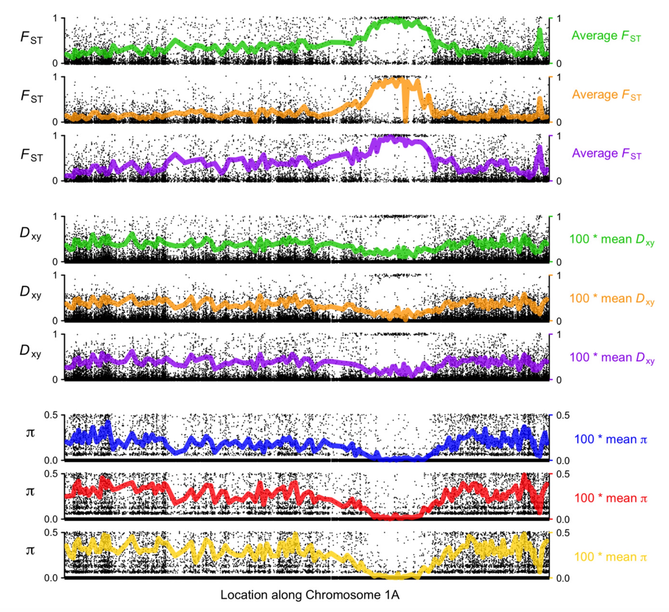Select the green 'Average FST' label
pyautogui.click(x=606, y=36)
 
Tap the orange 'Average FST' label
pyautogui.click(x=606, y=95)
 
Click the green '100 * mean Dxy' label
pyautogui.click(x=612, y=239)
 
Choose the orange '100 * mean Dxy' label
pyautogui.click(x=612, y=298)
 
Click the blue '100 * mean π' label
pyautogui.click(x=611, y=439)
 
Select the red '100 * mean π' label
pyautogui.click(x=611, y=498)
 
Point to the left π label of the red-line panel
pyautogui.click(x=30, y=491)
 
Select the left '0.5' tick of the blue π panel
pyautogui.click(x=51, y=415)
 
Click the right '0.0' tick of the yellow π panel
pyautogui.click(x=563, y=578)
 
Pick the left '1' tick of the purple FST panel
pyautogui.click(x=55, y=136)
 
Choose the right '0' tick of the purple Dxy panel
pyautogui.click(x=559, y=380)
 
